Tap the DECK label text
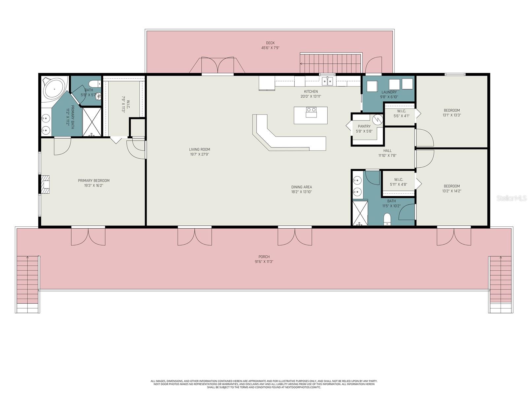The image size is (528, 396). click(270, 43)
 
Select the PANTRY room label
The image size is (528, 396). click(364, 126)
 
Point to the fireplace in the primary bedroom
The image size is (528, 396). click(45, 184)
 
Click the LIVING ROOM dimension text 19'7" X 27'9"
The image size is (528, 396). click(200, 154)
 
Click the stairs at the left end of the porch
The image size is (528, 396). click(27, 280)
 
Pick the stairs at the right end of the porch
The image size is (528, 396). click(501, 280)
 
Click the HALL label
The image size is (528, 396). click(387, 151)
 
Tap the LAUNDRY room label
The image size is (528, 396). click(389, 92)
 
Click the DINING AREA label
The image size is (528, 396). click(301, 187)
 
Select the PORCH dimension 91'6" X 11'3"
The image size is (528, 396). click(264, 262)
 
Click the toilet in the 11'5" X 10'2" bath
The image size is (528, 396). click(387, 219)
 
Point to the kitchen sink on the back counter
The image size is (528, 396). click(328, 81)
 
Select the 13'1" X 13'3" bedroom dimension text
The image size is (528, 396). click(451, 115)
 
